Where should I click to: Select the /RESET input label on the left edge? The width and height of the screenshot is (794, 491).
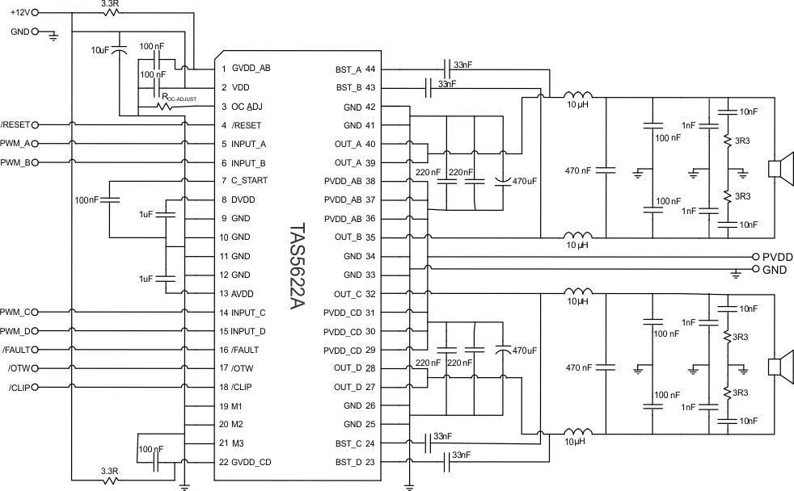coord(16,125)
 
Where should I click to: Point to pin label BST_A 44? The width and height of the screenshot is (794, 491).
coord(359,69)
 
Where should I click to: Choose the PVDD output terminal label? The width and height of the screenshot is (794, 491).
coord(777,256)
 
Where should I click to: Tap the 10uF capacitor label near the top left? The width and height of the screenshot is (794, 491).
coord(102,49)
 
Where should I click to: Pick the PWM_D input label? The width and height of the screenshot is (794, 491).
coord(16,330)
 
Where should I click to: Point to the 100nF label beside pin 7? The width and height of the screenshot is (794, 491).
coord(87,199)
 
